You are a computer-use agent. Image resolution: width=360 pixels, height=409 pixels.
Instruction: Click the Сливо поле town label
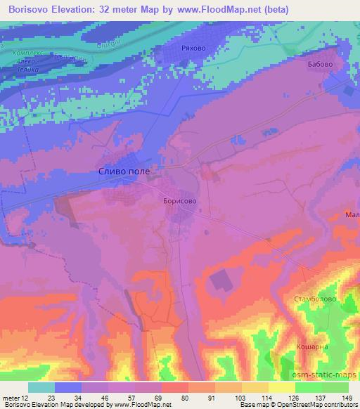tap(123, 171)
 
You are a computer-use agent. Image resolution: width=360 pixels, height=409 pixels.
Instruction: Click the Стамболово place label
tap(314, 299)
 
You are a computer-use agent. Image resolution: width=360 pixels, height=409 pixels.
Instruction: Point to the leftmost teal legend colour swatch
tap(41, 387)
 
